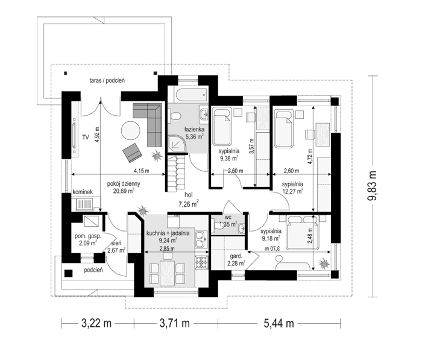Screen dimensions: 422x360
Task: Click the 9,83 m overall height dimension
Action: (373, 186)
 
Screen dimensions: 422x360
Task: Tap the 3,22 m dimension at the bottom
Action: (96, 323)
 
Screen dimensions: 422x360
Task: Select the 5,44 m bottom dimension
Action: (279, 323)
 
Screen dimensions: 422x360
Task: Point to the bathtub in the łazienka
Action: (192, 95)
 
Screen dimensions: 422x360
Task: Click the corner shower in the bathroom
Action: (177, 144)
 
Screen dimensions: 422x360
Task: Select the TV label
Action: (86, 137)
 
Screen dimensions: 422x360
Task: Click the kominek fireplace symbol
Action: (85, 204)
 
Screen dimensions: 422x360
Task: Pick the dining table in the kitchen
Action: (167, 273)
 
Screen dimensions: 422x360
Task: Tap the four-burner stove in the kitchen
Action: (201, 262)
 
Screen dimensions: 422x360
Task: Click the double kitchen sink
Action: (201, 239)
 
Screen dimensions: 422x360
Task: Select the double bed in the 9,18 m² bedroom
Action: (303, 232)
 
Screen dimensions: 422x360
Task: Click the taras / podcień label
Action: (107, 80)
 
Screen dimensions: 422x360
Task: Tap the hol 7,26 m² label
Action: (189, 200)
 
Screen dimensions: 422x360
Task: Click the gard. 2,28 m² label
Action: (236, 260)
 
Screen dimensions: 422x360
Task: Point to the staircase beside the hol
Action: (176, 173)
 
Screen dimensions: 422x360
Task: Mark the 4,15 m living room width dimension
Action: (118, 174)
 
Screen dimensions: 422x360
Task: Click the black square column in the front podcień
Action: (68, 273)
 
